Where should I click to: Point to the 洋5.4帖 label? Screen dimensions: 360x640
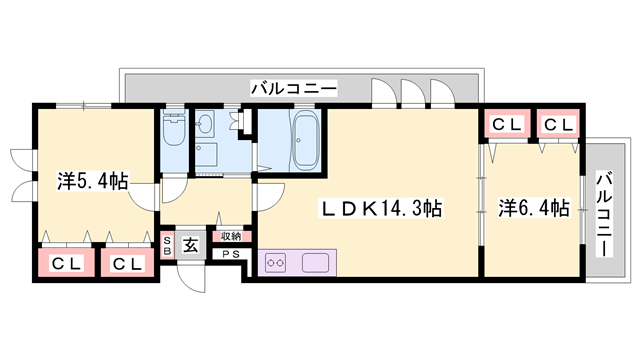92,181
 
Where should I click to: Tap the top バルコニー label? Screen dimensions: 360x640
294,88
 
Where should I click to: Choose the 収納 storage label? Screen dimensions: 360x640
231,236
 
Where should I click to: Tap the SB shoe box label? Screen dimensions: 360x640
168,247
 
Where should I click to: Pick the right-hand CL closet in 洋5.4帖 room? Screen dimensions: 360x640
125,264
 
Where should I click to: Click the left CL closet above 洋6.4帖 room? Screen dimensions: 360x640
505,125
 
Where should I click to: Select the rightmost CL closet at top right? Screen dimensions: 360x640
558,125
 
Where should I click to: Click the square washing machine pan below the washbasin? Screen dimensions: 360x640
208,155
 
